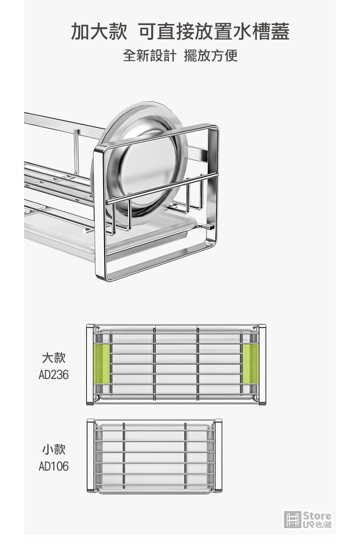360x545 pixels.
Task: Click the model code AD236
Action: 54,375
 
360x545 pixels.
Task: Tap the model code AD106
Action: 54,466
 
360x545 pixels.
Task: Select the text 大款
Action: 54,357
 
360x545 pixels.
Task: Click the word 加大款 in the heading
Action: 99,31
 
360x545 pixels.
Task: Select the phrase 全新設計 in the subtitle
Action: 150,55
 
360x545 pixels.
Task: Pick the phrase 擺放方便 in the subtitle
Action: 211,55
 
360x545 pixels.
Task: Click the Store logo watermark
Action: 308,520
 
